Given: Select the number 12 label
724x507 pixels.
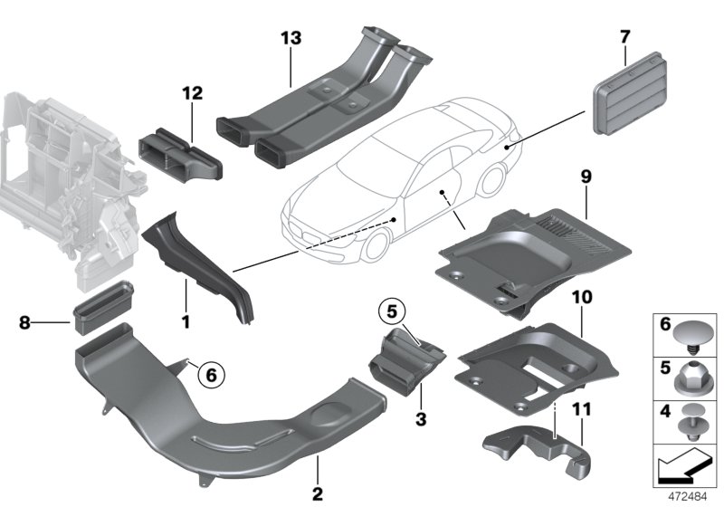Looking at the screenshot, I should (x=192, y=92).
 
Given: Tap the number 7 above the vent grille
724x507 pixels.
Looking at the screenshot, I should (x=624, y=37).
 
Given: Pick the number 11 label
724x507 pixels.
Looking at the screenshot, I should (x=580, y=410).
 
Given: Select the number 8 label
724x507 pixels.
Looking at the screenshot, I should (x=24, y=320).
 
